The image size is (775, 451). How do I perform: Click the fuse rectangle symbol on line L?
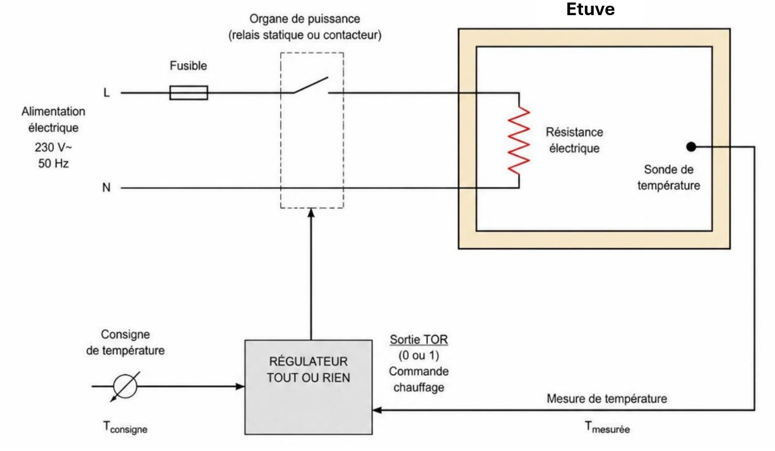point(189,93)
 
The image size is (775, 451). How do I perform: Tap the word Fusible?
point(188,66)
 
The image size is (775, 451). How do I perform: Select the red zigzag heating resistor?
point(519,140)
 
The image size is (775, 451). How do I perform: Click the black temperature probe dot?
point(691,147)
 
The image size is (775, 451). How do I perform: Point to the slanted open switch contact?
point(311,85)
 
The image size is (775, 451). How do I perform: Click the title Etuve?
point(590,9)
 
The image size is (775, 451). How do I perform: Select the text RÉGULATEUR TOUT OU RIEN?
point(308,370)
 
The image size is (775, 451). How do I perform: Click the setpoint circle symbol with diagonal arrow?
point(125,387)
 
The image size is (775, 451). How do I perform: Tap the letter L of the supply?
point(107,92)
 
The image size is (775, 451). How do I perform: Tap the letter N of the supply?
point(106,188)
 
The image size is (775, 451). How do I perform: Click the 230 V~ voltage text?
point(53,147)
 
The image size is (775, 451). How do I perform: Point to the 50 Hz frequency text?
point(53,163)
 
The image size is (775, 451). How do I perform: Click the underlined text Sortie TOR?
point(418,339)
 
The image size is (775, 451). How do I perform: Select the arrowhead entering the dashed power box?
point(311,213)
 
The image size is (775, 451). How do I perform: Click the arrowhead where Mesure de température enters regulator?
point(377,410)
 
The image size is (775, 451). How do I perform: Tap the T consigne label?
point(125,427)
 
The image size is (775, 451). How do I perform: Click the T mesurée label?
point(607,427)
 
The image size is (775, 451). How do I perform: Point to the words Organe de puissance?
point(304,19)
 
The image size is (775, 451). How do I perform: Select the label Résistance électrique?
point(574,140)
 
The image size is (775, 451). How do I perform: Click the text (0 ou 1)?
point(418,356)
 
